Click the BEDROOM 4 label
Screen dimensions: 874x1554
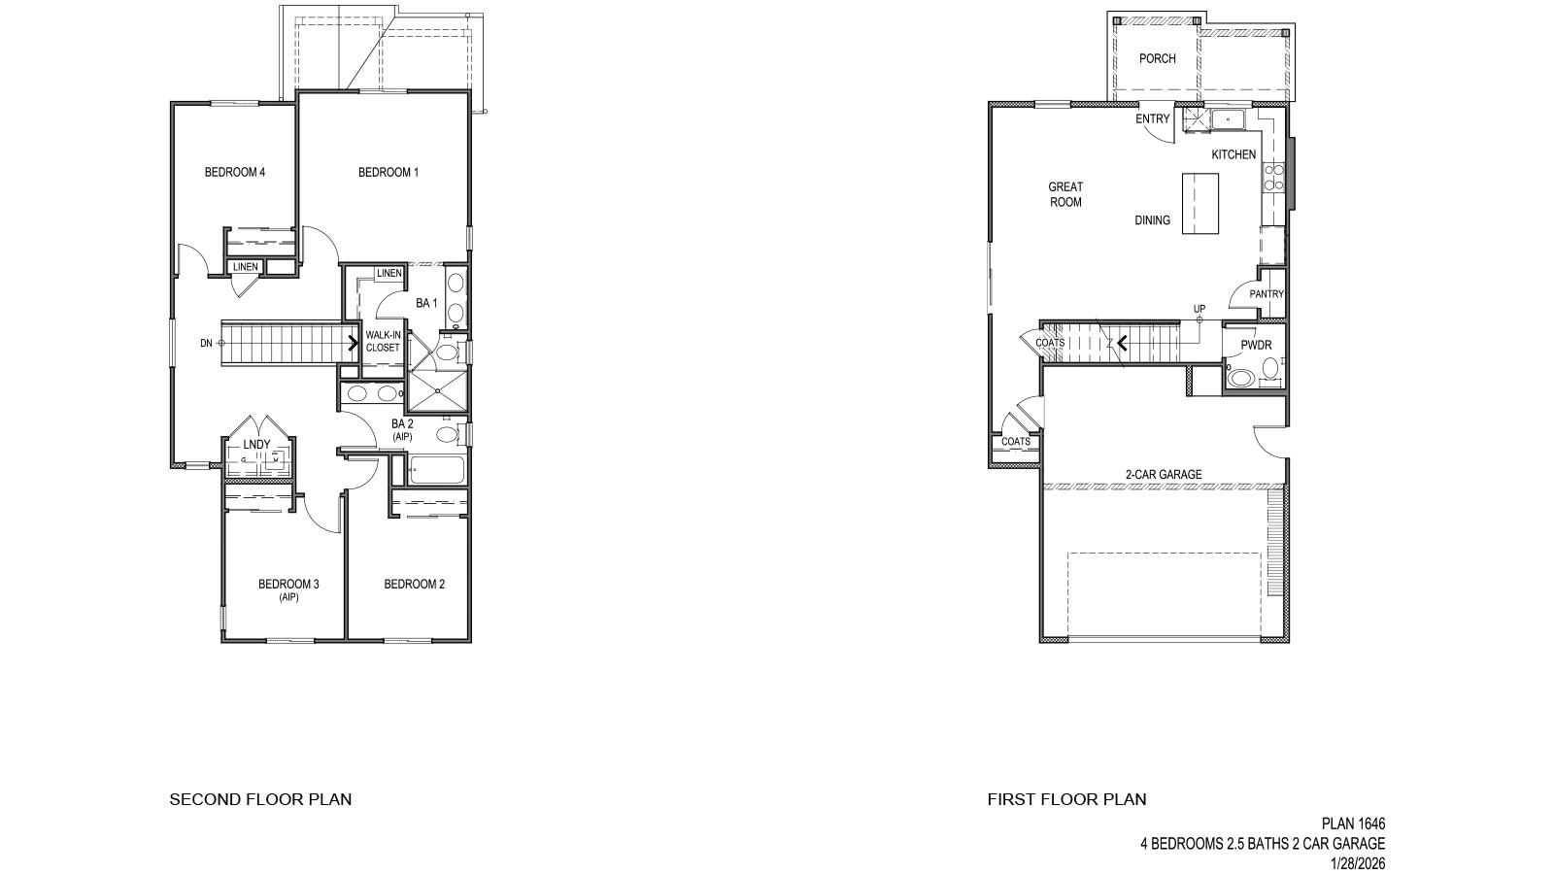click(x=234, y=173)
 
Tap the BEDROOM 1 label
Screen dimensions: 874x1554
click(x=388, y=173)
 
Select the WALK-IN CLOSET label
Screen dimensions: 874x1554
click(x=383, y=341)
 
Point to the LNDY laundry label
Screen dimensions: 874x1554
click(x=256, y=445)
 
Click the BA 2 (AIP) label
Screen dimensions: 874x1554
click(x=402, y=430)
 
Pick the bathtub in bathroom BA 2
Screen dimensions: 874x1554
click(x=436, y=471)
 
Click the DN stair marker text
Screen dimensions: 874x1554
click(x=206, y=343)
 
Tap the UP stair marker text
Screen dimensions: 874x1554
click(x=1199, y=310)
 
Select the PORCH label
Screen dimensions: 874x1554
click(x=1157, y=58)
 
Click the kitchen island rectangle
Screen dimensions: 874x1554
click(x=1200, y=203)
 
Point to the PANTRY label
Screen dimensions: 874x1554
click(x=1267, y=294)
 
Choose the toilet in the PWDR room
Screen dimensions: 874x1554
click(x=1242, y=376)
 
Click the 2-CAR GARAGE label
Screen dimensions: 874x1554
click(x=1164, y=475)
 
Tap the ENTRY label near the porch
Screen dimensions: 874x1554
click(x=1153, y=119)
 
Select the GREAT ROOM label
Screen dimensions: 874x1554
click(x=1065, y=194)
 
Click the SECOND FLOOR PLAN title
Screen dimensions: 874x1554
click(x=260, y=800)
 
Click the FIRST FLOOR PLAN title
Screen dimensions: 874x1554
click(x=1066, y=800)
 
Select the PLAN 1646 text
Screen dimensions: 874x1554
click(x=1353, y=824)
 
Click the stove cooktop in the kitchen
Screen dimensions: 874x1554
click(x=1273, y=176)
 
